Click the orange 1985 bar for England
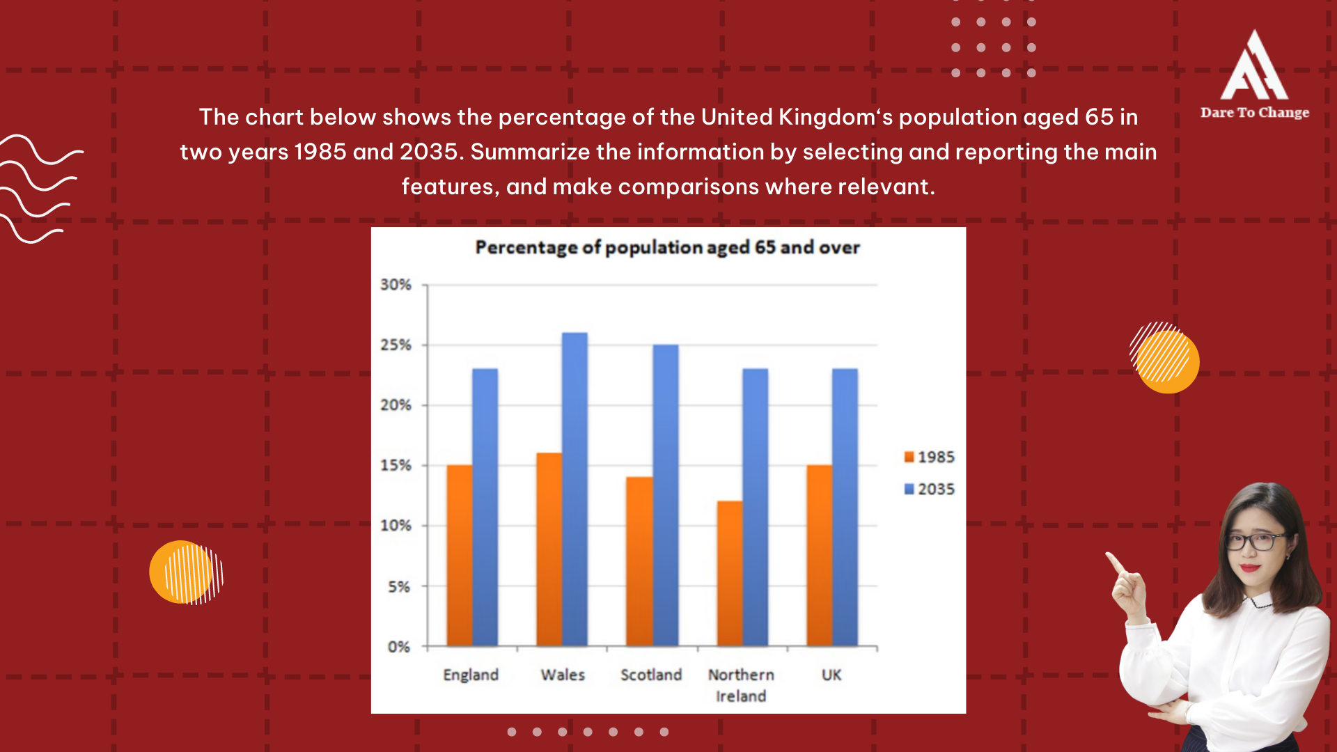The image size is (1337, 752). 459,555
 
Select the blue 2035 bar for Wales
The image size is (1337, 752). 574,489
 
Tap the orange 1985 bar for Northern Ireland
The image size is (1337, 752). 729,573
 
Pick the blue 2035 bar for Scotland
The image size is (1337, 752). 665,495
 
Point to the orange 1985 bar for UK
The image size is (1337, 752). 819,555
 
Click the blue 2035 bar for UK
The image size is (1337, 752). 845,507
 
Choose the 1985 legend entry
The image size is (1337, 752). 929,457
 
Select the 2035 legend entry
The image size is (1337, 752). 929,489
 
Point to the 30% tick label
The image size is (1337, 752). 396,285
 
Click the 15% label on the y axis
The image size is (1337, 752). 396,465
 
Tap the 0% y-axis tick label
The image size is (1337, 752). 398,647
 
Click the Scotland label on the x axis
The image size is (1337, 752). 651,675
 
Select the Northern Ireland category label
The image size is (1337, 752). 741,685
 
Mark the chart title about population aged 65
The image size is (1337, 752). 667,248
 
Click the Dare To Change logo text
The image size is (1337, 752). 1254,113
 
